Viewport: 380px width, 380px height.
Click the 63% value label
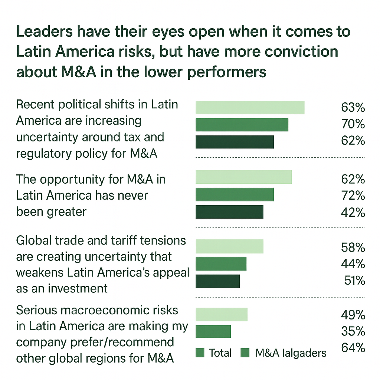click(x=353, y=108)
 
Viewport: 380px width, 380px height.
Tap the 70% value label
click(x=353, y=124)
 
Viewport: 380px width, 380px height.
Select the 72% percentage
click(x=353, y=196)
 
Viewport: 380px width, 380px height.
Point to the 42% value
click(x=353, y=212)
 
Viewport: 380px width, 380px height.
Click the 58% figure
click(x=353, y=247)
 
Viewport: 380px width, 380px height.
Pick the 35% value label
click(x=353, y=331)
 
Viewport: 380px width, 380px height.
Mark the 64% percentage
click(x=353, y=348)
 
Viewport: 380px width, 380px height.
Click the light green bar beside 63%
click(x=250, y=108)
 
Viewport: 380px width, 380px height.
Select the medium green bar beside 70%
click(x=242, y=125)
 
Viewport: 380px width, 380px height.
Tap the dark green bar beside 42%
click(x=229, y=212)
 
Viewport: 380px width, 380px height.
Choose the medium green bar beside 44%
click(x=221, y=264)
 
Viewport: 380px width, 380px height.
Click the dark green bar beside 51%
click(x=217, y=281)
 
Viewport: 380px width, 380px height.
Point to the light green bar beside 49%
click(x=221, y=315)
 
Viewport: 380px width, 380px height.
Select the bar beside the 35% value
click(x=213, y=331)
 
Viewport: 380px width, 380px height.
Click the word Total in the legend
click(x=220, y=353)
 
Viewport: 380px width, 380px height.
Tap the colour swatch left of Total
click(x=200, y=353)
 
